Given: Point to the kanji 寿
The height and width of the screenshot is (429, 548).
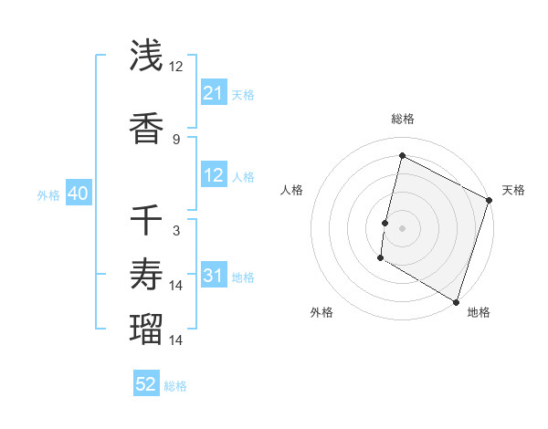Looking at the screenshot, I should coord(147,275).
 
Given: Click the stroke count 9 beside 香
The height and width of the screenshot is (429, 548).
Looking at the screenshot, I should coord(176,140).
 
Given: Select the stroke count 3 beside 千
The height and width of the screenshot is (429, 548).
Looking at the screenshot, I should coord(176,231).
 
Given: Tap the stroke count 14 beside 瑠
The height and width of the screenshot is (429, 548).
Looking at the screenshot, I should coord(176,340).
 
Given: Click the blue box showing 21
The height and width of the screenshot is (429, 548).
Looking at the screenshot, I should coord(213,92).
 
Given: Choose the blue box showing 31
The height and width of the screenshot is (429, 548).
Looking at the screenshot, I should coord(213,275).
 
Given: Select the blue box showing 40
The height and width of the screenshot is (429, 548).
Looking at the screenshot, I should coord(78,194).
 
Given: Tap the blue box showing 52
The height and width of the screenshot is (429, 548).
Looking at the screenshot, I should coord(146,384).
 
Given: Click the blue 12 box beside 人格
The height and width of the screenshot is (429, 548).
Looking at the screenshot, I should coord(213,175).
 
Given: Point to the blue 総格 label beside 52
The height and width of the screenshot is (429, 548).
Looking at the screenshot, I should coord(176,386).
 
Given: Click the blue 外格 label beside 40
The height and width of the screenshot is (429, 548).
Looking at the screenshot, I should coord(48,194).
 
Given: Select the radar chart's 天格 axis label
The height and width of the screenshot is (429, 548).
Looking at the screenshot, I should coord(513,190).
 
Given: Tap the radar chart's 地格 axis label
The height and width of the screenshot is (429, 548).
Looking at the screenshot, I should coord(479,312).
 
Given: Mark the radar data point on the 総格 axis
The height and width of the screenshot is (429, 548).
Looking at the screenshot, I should coord(402,156).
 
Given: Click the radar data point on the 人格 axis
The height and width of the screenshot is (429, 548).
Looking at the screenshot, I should coord(385,223).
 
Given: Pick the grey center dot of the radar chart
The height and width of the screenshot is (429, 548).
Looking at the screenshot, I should coord(402,228).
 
